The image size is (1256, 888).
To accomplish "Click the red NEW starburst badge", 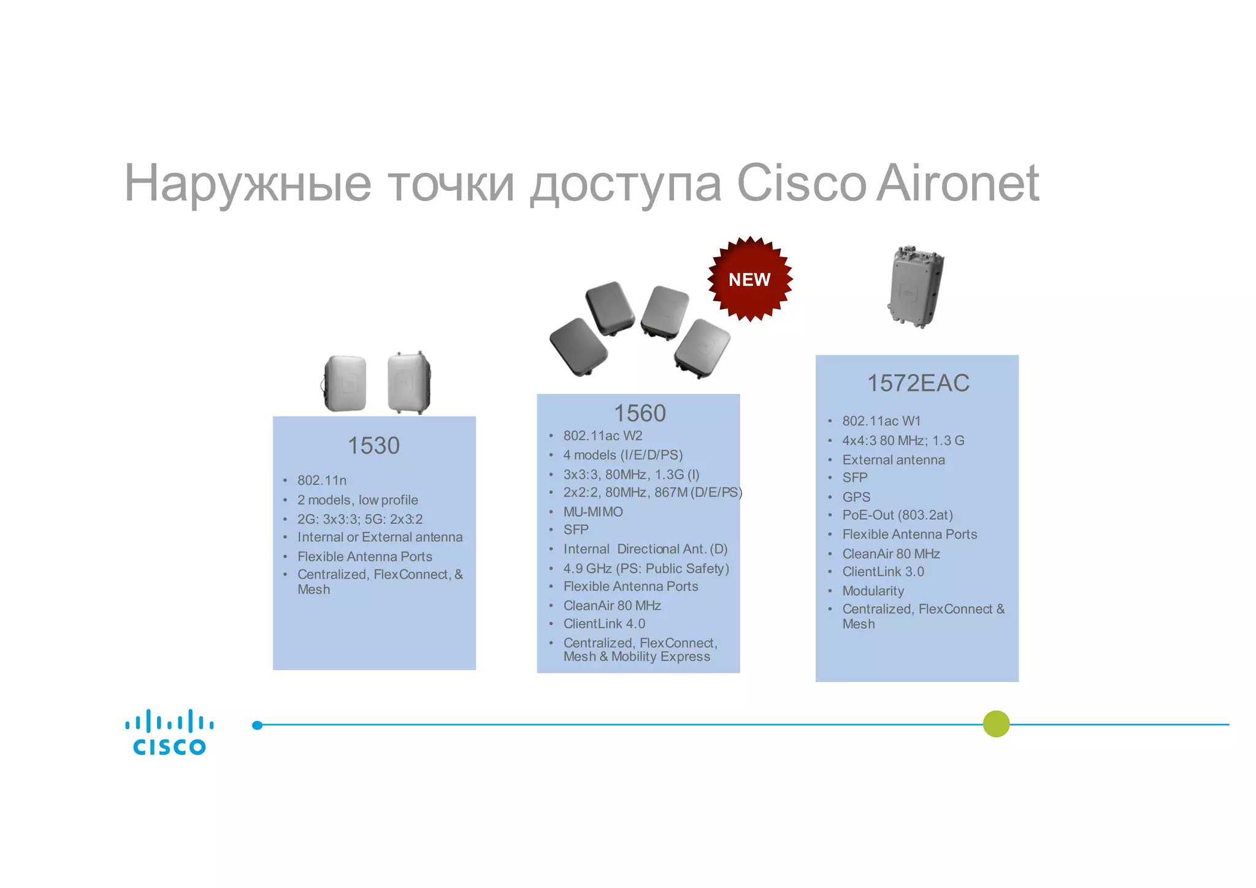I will pos(749,279).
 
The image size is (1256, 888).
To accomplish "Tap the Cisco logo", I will pos(169,732).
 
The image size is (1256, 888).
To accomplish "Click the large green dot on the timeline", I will pos(996,724).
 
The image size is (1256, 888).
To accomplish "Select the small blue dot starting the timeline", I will pos(258,725).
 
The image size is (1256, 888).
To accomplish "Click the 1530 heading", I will pos(373,446).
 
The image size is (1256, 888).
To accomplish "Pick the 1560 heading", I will pos(640,413).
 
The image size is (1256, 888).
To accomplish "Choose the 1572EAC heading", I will pos(917,383).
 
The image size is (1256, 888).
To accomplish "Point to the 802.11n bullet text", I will pos(322,480).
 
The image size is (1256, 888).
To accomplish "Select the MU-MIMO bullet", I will pos(593,511).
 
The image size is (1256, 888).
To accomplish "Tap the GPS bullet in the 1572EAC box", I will pos(856,496).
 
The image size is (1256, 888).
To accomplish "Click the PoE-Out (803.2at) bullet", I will pos(897,515).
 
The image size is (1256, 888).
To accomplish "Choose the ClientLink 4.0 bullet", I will pos(604,624).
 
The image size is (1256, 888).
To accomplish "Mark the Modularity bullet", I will pos(873,590).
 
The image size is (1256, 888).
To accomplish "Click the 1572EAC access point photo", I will pos(916,287).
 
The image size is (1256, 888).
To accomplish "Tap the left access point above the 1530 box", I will pos(345,383).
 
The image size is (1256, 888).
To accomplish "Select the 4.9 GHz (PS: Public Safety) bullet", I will pos(646,568).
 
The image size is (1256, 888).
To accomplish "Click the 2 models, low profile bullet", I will pos(358,500).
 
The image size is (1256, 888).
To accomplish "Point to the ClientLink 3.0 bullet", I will pos(883,571).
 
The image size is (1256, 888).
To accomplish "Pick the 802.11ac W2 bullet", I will pos(603,435).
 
